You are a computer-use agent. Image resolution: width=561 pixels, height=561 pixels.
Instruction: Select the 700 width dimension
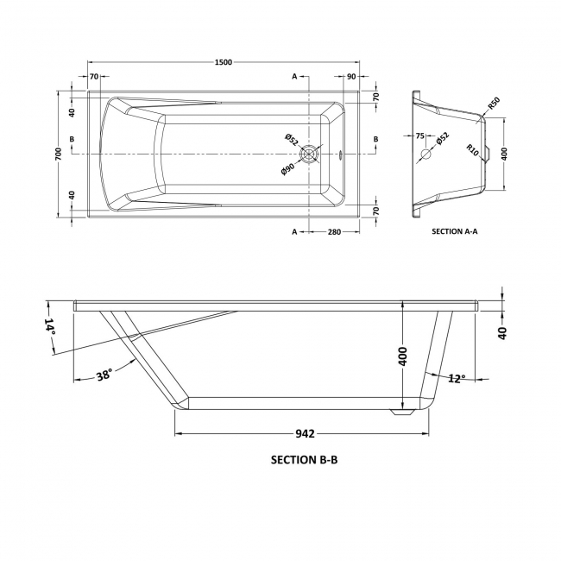click(58, 154)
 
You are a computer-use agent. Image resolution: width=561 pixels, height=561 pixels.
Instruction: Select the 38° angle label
click(104, 375)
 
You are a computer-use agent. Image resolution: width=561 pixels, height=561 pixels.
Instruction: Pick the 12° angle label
click(457, 378)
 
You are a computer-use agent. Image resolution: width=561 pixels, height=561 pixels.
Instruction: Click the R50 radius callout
click(494, 104)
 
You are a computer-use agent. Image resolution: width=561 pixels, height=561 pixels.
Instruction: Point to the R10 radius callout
click(473, 148)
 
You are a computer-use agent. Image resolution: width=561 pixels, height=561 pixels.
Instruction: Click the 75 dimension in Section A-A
click(420, 136)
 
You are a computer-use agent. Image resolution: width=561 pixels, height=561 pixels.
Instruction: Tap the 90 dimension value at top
click(351, 77)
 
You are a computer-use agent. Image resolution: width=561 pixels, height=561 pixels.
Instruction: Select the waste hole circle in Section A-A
click(425, 155)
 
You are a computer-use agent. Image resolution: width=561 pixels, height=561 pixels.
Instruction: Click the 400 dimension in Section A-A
click(505, 153)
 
